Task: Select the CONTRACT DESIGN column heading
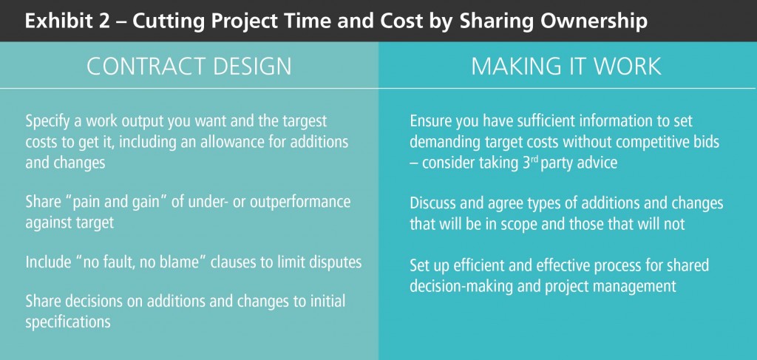pyautogui.click(x=189, y=66)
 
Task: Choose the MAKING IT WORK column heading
pyautogui.click(x=566, y=66)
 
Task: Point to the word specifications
pyautogui.click(x=68, y=322)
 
